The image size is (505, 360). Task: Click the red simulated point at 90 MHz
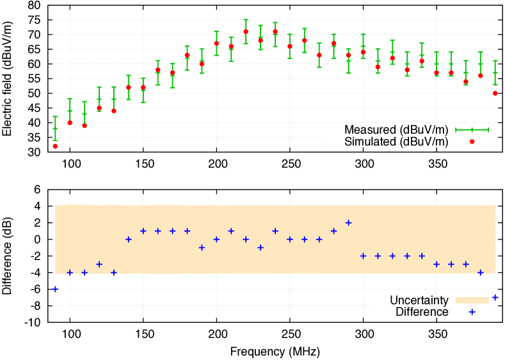[x=55, y=146]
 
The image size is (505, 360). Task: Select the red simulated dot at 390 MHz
[x=495, y=94]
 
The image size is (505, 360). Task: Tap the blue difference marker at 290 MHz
[x=348, y=223]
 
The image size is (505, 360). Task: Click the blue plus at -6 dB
[x=55, y=289]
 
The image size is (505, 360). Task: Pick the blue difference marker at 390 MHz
[x=495, y=297]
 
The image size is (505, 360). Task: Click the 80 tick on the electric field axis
[x=34, y=5]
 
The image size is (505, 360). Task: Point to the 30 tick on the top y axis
[x=34, y=152]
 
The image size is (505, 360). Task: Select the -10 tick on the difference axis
[x=33, y=322]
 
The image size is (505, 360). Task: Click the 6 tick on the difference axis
[x=38, y=190]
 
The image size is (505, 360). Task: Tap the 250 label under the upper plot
[x=291, y=164]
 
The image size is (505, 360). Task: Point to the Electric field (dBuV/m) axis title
[x=7, y=79]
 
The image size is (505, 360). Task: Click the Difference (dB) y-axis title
[x=7, y=256]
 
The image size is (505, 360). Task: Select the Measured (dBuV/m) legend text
[x=396, y=129]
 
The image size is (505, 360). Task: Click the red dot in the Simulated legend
[x=472, y=142]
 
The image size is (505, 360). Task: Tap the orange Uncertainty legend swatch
[x=472, y=300]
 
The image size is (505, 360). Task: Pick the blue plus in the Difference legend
[x=472, y=312]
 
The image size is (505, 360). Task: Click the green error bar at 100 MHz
[x=70, y=111]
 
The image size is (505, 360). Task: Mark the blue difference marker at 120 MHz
[x=99, y=265]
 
